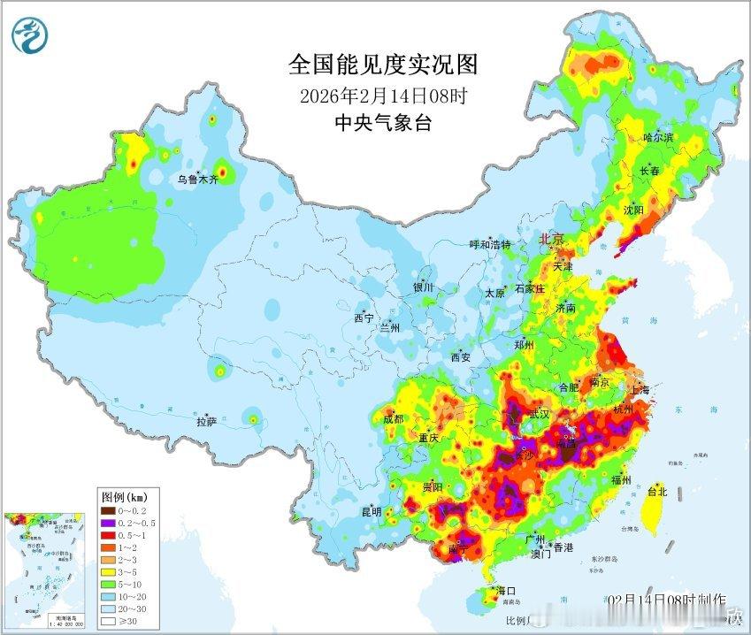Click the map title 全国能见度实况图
pyautogui.click(x=383, y=65)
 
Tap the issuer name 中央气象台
pyautogui.click(x=383, y=123)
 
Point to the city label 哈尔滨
pyautogui.click(x=658, y=137)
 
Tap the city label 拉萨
pyautogui.click(x=207, y=422)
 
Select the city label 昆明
pyautogui.click(x=371, y=512)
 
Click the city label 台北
pyautogui.click(x=657, y=491)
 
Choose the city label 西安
pyautogui.click(x=461, y=357)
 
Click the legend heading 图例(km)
pyautogui.click(x=124, y=495)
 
